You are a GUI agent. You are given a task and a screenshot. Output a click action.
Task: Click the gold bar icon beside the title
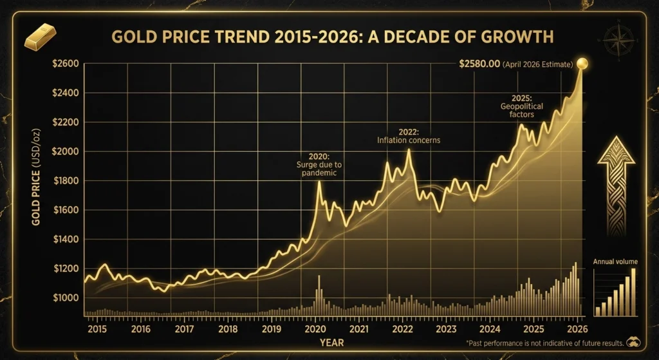coord(41,37)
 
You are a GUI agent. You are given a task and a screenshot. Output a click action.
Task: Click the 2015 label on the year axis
coord(96,329)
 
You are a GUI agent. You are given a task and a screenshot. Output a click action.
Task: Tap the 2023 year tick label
coord(446,329)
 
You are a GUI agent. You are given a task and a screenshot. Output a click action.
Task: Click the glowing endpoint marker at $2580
coord(582,63)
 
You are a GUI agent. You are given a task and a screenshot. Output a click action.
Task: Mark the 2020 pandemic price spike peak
coord(319,182)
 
